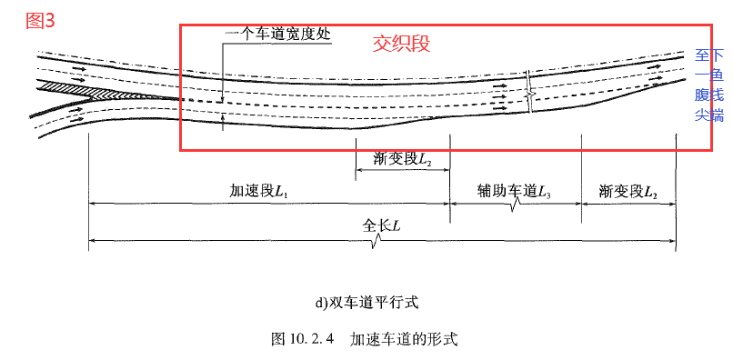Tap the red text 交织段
[401, 43]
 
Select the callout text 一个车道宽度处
[277, 35]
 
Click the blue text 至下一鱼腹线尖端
[709, 85]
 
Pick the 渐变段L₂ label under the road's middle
[401, 158]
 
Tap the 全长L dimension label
[382, 225]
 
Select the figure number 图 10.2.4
[304, 339]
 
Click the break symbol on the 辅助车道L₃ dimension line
[515, 208]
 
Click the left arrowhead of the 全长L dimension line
[92, 241]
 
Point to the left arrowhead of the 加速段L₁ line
[92, 205]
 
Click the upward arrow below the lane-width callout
[224, 119]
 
